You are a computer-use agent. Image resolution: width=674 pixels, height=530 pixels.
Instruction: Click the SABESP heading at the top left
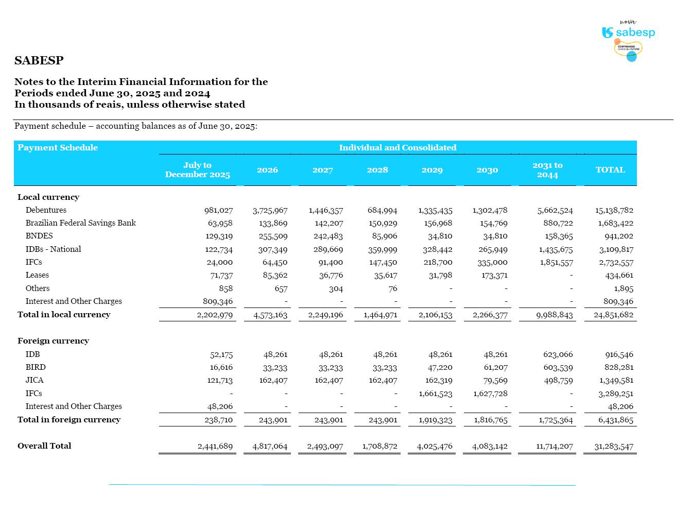click(x=39, y=60)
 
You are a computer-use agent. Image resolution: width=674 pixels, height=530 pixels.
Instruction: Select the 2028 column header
click(x=377, y=170)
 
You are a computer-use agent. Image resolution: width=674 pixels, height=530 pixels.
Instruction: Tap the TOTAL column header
click(x=610, y=170)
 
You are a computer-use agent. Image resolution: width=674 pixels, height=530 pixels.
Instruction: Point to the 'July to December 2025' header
click(x=197, y=170)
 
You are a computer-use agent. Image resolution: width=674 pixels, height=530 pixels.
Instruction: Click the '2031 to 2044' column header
click(x=547, y=170)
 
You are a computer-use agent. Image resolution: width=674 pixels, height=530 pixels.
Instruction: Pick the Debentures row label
click(x=46, y=210)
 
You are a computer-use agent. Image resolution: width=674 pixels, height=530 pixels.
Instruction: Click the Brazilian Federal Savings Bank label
click(x=81, y=223)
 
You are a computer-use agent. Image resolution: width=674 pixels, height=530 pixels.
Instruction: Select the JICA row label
click(x=34, y=380)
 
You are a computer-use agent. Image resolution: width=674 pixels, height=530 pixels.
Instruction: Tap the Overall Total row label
click(x=44, y=446)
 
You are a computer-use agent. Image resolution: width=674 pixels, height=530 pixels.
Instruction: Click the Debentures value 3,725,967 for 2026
click(x=270, y=211)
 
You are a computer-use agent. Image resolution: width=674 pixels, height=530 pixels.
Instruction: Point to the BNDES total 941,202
click(x=619, y=236)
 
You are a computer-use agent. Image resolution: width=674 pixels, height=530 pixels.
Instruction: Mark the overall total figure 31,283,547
click(x=614, y=447)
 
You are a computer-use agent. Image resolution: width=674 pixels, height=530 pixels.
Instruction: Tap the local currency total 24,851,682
click(x=613, y=315)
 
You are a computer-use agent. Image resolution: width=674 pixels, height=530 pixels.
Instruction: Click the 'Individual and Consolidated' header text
click(x=398, y=148)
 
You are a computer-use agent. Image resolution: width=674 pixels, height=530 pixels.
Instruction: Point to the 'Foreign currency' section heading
click(x=53, y=341)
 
